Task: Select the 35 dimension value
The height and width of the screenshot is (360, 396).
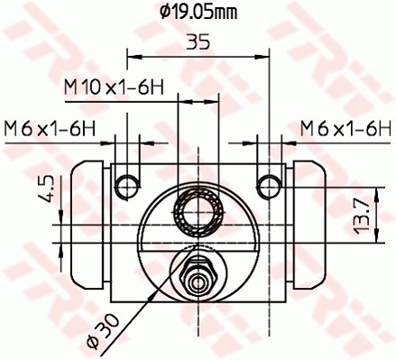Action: tap(199, 42)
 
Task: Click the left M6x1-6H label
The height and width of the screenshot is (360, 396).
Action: tap(50, 127)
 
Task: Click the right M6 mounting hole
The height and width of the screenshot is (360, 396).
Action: tap(268, 185)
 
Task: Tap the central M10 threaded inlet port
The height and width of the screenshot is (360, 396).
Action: tap(198, 215)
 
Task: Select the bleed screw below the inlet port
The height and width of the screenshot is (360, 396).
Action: tap(197, 274)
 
